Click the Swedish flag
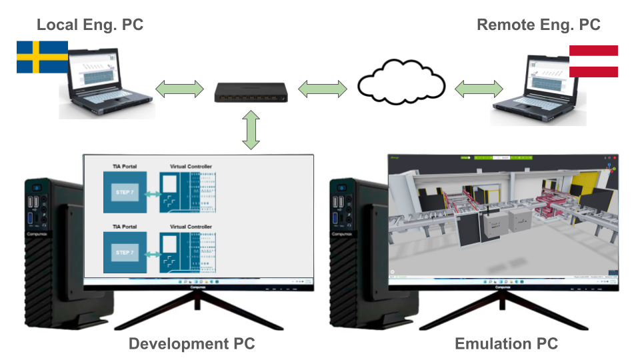[42, 57]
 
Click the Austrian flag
[593, 61]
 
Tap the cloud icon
[401, 83]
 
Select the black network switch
[251, 92]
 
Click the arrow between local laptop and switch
[179, 87]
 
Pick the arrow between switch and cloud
[323, 87]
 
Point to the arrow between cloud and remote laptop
[479, 87]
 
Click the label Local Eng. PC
[90, 25]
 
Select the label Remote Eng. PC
[539, 25]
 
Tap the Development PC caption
[191, 344]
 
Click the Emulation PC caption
[507, 344]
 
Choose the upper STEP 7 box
[125, 193]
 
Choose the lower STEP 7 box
[125, 253]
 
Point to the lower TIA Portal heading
[125, 227]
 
